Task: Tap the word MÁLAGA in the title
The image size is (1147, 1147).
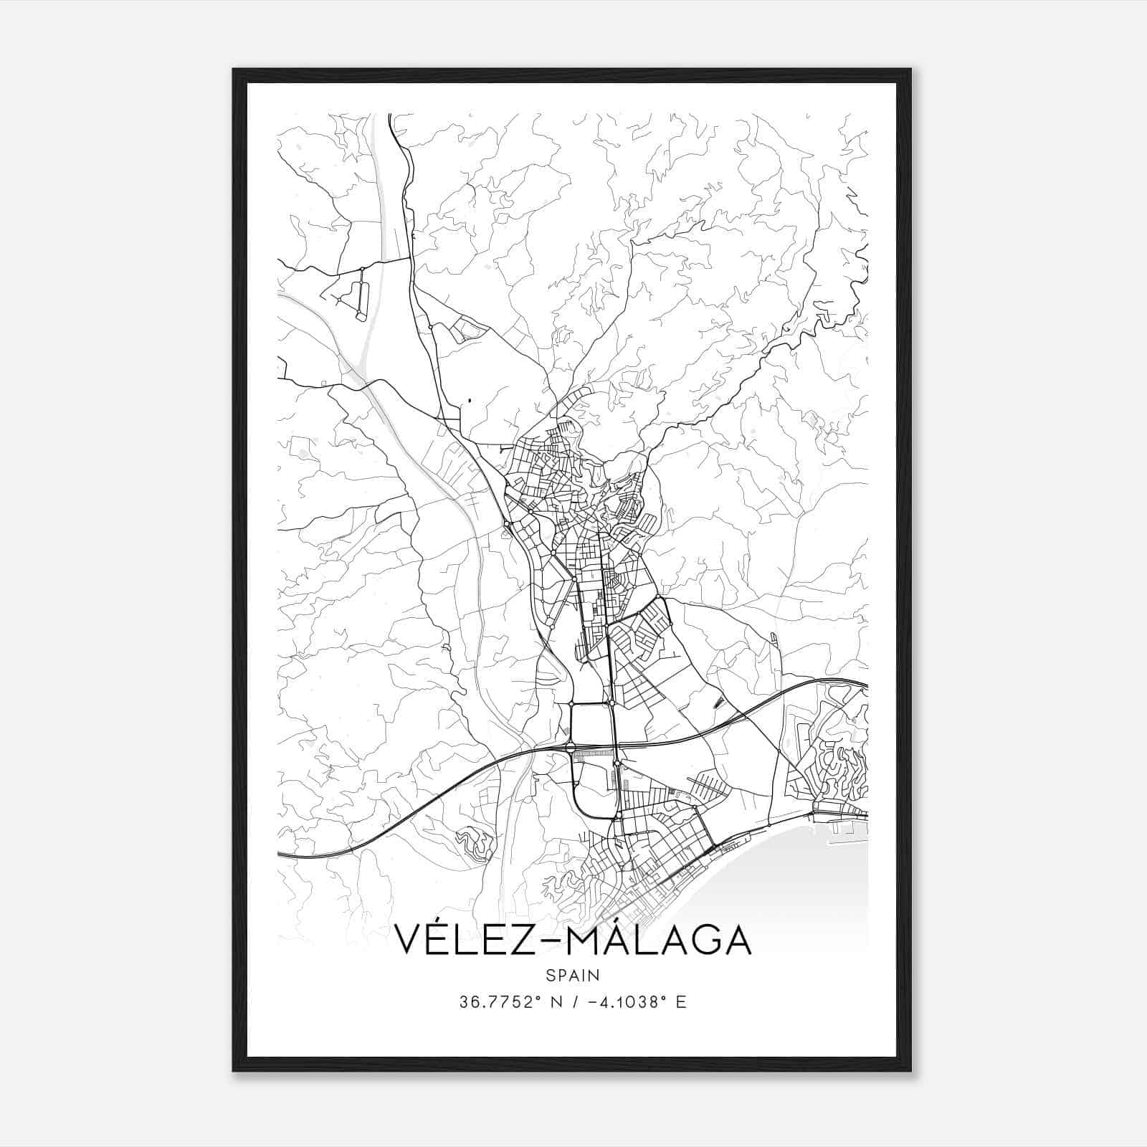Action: (x=659, y=940)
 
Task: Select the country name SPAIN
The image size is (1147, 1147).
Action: (x=573, y=976)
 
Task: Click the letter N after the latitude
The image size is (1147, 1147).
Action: (x=555, y=1002)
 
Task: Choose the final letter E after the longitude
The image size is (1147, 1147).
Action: (x=681, y=1002)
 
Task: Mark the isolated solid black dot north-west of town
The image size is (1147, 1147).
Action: (x=470, y=400)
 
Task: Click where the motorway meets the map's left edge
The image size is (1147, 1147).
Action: (x=280, y=855)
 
